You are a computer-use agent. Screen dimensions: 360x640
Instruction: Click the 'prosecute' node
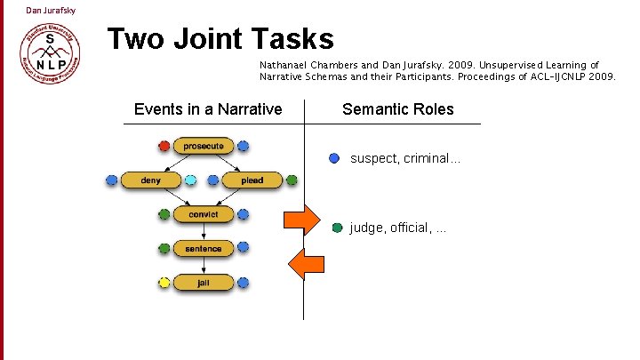click(204, 146)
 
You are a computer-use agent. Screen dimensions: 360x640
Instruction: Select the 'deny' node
click(150, 180)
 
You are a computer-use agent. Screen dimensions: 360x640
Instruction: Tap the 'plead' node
click(252, 180)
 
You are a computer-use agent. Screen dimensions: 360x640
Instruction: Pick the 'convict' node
click(204, 214)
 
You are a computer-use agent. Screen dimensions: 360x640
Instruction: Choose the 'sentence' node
click(204, 249)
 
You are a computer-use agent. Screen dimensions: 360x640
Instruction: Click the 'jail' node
click(204, 283)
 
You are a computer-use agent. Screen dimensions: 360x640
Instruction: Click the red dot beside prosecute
click(164, 146)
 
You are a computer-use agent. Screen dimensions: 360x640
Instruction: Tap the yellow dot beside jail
click(164, 283)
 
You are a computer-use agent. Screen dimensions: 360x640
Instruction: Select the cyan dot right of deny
click(191, 180)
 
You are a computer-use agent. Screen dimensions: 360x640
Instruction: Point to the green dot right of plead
click(292, 180)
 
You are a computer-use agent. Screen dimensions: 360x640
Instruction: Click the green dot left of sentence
click(164, 249)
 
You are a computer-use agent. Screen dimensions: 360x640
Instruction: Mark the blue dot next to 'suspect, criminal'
click(334, 158)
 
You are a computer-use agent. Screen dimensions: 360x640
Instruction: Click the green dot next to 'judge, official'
click(337, 228)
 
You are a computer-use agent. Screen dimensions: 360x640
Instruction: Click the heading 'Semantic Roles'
click(397, 109)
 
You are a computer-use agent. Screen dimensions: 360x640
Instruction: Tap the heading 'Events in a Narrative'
click(208, 109)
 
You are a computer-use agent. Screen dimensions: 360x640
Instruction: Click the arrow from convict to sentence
click(204, 232)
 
